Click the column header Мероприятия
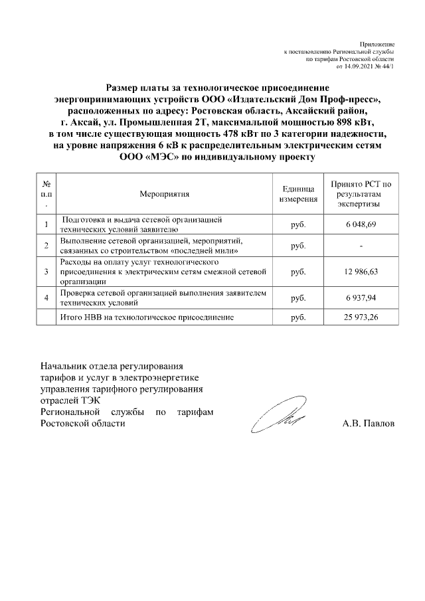[165, 194]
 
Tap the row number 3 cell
[46, 272]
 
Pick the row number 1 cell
[46, 225]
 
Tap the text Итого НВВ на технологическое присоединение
[147, 318]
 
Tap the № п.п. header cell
[46, 194]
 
